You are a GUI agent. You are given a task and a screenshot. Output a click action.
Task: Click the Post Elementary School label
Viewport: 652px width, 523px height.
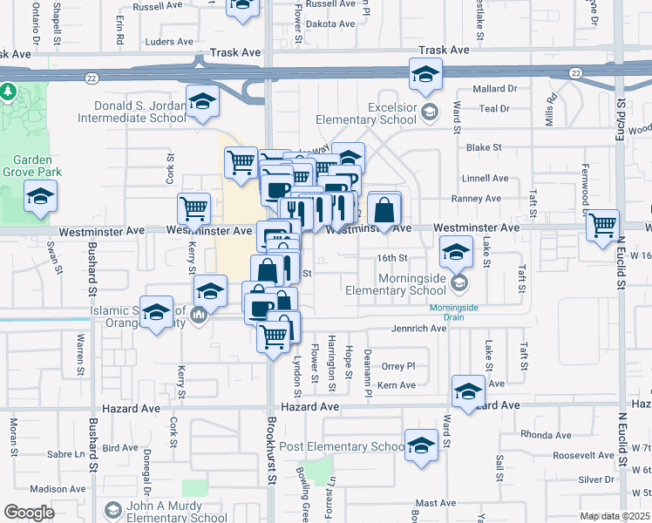coord(349,447)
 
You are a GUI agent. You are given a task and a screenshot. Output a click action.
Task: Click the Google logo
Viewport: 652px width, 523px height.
coord(30,513)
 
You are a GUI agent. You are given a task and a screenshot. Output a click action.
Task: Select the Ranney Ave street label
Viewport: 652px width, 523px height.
coord(482,199)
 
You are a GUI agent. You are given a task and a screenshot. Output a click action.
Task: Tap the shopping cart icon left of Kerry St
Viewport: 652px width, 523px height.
coord(194,207)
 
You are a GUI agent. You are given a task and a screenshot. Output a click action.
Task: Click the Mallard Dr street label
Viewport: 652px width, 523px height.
coord(495,89)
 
